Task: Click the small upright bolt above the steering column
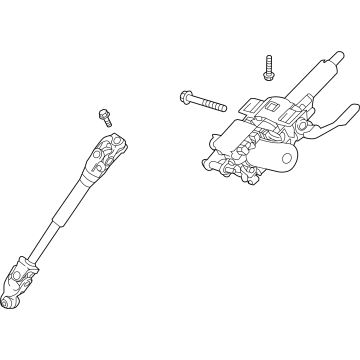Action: point(269,67)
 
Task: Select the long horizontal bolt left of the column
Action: point(205,101)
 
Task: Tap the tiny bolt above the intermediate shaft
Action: point(105,117)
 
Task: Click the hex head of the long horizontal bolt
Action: point(187,97)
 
